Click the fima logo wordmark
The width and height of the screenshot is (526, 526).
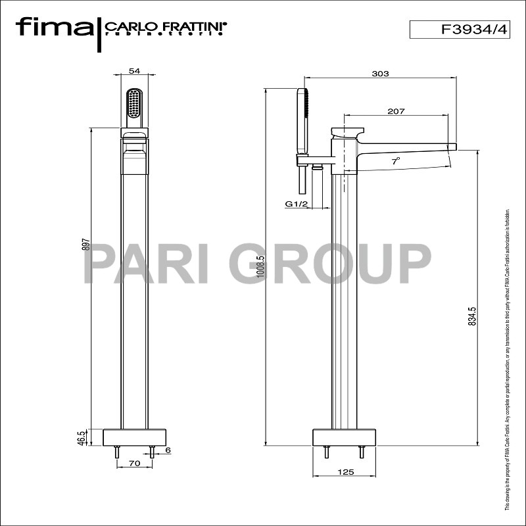click(x=55, y=28)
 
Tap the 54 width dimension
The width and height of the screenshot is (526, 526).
click(x=135, y=70)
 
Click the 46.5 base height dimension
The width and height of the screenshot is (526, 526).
click(x=82, y=438)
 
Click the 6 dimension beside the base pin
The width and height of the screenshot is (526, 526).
click(x=168, y=450)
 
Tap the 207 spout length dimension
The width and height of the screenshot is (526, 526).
click(x=395, y=111)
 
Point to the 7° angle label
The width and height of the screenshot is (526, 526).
click(x=396, y=160)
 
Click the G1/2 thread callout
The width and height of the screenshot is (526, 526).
click(x=297, y=204)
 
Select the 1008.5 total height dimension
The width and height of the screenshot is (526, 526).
click(x=261, y=268)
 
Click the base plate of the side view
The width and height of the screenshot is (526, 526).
click(x=345, y=437)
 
